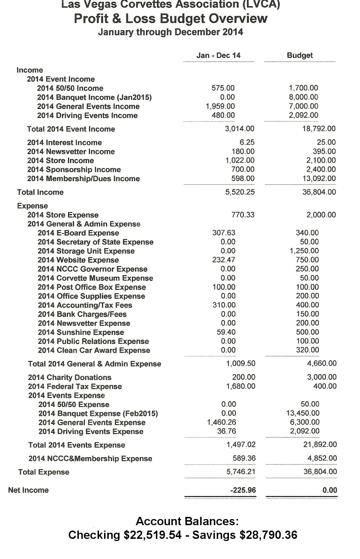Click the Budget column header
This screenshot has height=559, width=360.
300,55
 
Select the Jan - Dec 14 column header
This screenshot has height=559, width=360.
218,55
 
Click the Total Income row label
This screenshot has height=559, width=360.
40,192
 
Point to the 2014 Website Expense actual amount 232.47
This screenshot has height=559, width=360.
224,260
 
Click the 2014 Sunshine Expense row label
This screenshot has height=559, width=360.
81,332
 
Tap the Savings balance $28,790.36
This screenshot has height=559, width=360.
269,535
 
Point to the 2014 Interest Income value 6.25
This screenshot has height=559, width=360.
247,143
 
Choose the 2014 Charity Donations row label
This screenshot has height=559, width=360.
70,377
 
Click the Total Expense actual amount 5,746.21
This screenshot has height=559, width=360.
241,472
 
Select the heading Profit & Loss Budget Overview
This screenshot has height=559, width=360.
171,19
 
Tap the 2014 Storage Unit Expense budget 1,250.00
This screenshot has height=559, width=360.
304,251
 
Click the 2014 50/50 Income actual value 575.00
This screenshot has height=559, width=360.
223,88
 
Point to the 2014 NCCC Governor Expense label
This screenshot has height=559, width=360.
93,269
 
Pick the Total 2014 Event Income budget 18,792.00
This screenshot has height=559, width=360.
319,129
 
